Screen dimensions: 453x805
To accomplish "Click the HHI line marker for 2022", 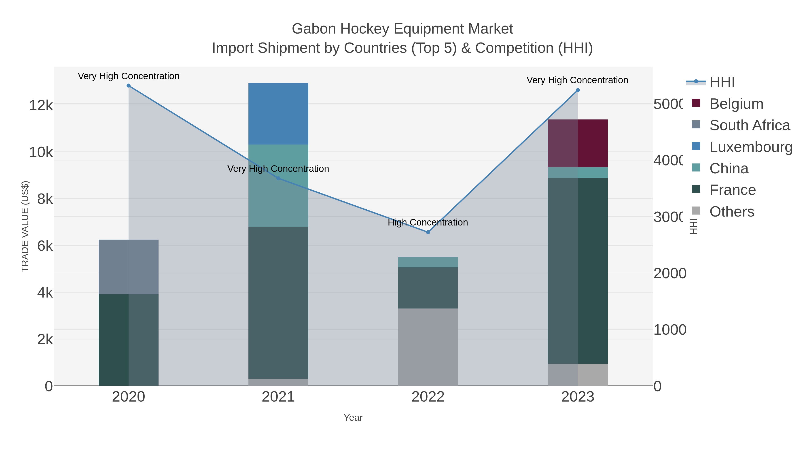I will pos(428,232).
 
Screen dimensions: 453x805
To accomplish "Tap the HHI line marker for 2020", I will pos(128,86).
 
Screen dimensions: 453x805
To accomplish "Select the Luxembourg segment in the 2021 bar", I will pos(278,114).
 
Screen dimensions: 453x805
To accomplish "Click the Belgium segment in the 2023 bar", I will pos(578,143).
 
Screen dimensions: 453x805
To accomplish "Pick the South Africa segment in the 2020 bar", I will pos(128,267).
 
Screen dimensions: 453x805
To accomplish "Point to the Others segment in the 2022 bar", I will pos(428,347).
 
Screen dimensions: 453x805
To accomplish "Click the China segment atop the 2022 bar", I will pos(428,262).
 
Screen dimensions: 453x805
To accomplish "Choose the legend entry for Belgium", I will pos(736,104).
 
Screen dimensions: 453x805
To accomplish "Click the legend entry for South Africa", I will pos(749,125).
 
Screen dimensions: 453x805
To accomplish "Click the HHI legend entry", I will pos(722,82).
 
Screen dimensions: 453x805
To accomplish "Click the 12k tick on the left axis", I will pos(41,105).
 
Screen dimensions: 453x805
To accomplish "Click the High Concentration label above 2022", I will pos(428,222).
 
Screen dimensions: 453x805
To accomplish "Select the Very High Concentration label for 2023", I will pos(577,80).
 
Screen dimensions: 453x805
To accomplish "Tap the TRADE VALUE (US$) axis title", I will pos(25,226).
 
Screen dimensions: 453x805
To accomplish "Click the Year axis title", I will pos(353,418).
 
